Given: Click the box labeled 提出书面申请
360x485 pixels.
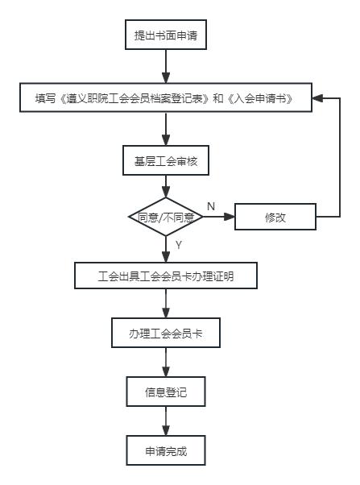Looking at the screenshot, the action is (x=166, y=35).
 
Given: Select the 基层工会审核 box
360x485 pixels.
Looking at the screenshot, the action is (x=166, y=160).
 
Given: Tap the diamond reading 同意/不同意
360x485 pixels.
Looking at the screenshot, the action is (x=166, y=217).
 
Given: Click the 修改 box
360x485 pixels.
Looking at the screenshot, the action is (x=275, y=217).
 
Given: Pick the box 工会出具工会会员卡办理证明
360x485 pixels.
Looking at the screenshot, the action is (x=166, y=276).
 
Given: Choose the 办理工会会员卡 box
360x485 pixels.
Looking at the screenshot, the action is (x=166, y=333).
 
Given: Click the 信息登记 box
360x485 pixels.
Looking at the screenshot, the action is (x=166, y=392).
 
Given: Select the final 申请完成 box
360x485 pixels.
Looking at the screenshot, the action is (x=166, y=450).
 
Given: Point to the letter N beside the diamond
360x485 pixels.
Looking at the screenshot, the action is (x=211, y=206).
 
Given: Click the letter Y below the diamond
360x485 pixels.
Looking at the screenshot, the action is (x=179, y=245).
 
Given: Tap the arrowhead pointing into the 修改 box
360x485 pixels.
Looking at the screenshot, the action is (x=230, y=217).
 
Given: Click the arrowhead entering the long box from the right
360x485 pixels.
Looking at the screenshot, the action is (x=317, y=98).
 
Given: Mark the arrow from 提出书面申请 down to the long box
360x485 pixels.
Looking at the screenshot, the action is (x=166, y=66).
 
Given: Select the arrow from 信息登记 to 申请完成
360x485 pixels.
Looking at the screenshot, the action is (x=166, y=421).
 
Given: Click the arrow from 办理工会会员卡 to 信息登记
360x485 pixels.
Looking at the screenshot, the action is (x=166, y=363).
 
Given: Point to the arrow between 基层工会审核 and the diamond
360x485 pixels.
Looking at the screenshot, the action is (x=166, y=187).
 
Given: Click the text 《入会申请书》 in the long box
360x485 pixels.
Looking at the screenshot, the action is (x=260, y=98).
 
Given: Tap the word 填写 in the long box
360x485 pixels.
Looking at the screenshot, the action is (x=45, y=98).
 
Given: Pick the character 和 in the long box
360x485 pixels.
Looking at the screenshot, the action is (x=218, y=98).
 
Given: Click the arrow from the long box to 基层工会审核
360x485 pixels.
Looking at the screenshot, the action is (x=166, y=129).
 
